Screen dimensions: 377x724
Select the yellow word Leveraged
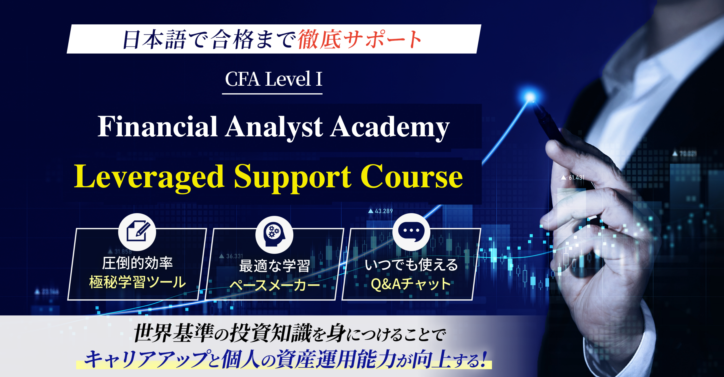click(x=149, y=177)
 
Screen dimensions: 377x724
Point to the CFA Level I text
click(x=273, y=79)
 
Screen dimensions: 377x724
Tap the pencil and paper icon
click(x=137, y=232)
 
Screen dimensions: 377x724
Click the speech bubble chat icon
click(x=411, y=232)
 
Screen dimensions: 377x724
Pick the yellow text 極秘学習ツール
click(x=137, y=282)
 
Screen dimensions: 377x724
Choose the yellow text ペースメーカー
click(x=274, y=285)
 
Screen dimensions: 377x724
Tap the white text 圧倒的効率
click(x=137, y=263)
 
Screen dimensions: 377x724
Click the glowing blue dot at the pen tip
click(x=530, y=97)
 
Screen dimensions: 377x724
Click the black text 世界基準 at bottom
click(x=174, y=334)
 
